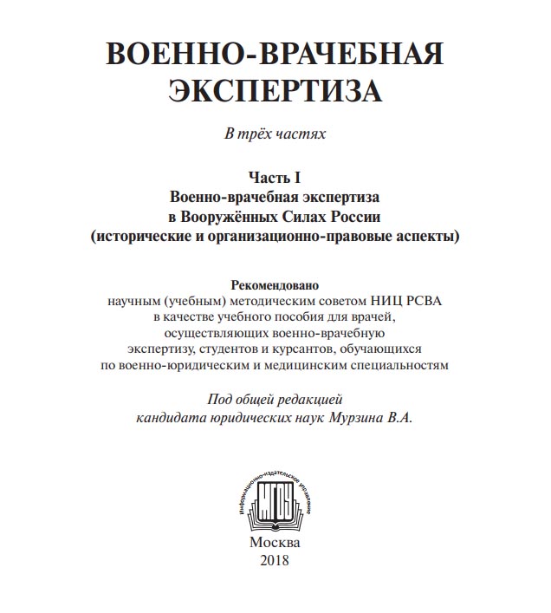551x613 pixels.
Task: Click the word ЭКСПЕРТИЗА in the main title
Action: (x=275, y=91)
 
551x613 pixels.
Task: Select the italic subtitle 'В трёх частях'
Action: (x=275, y=135)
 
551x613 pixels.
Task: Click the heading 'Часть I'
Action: (x=275, y=178)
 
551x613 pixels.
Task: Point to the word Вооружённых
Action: (x=231, y=215)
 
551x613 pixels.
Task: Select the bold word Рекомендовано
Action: (x=275, y=284)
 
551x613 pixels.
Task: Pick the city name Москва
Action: (x=275, y=541)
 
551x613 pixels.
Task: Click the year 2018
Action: (x=275, y=559)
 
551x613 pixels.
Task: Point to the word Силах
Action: (x=304, y=215)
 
